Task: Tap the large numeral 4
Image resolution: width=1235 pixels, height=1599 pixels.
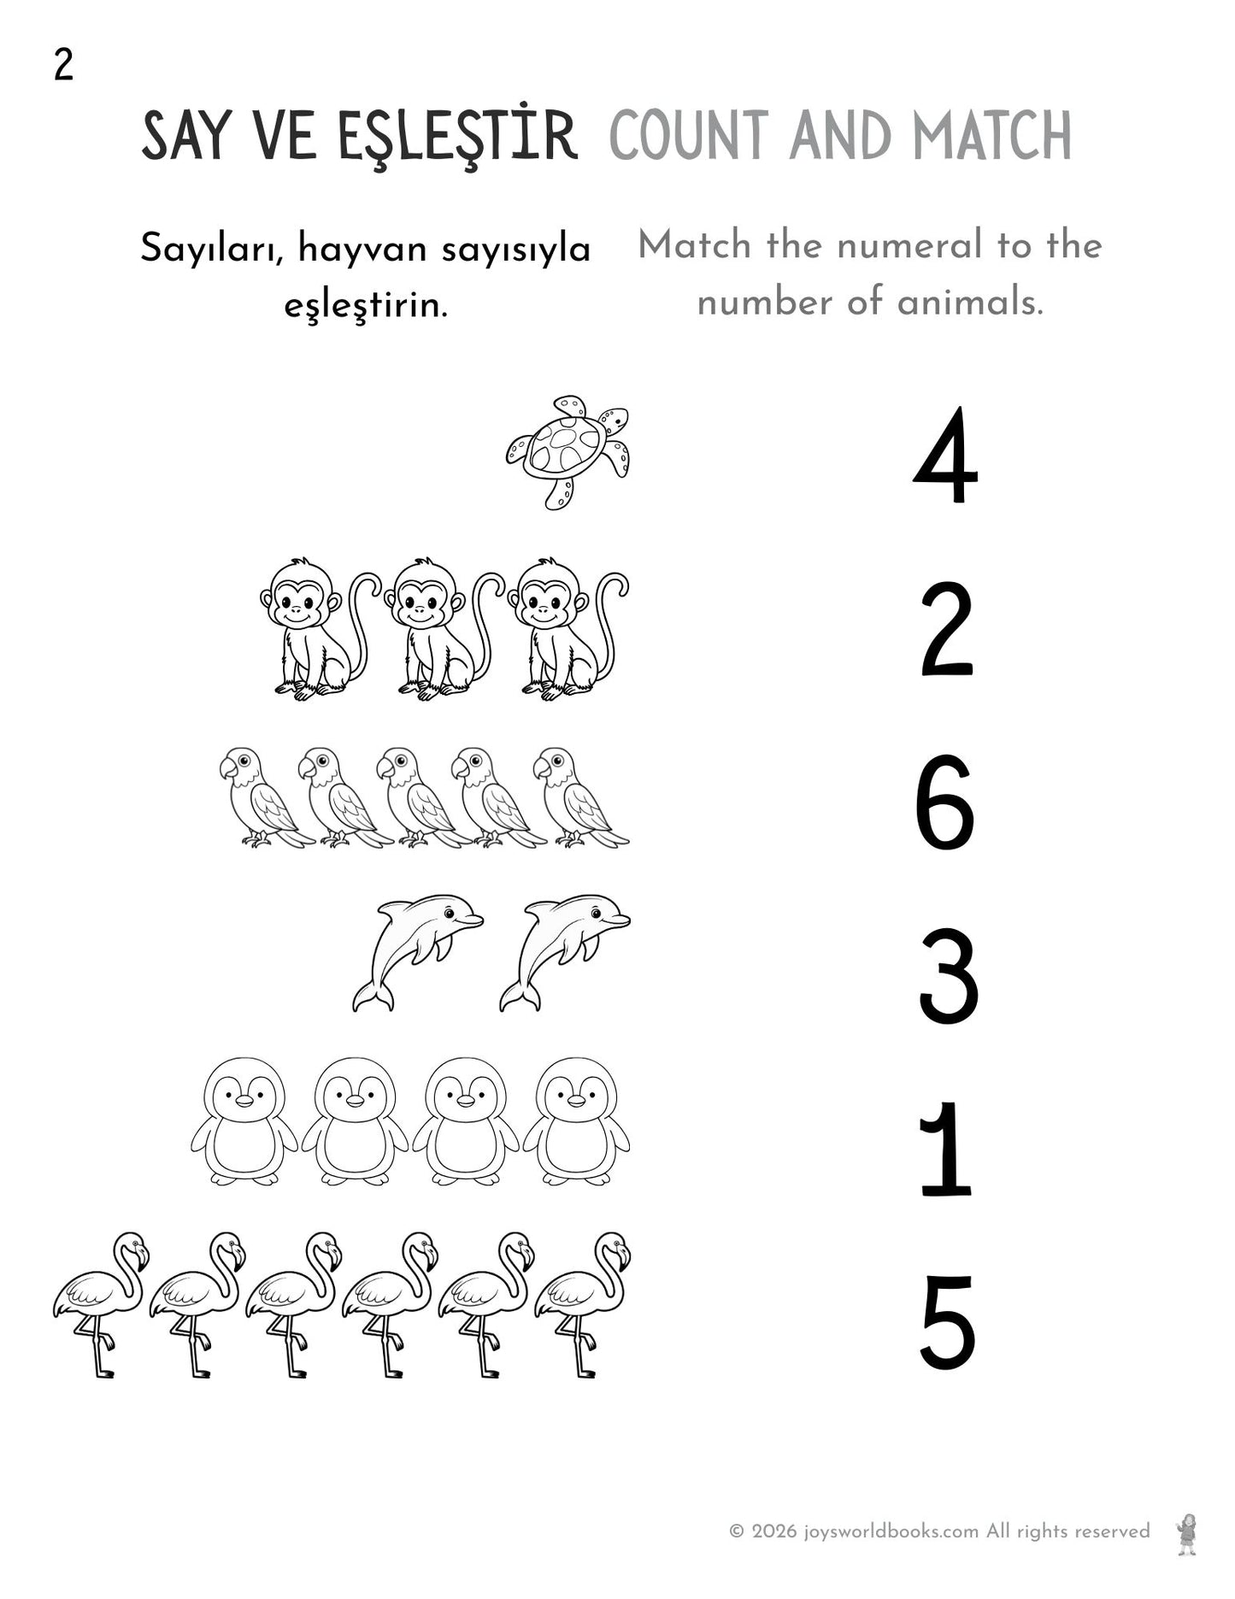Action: tap(945, 458)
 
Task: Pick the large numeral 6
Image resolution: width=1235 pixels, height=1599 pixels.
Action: tap(944, 803)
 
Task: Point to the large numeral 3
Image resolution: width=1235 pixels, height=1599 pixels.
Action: tap(948, 978)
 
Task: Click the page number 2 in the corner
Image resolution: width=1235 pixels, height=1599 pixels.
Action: tap(63, 65)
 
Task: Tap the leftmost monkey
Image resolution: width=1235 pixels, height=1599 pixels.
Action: tap(303, 628)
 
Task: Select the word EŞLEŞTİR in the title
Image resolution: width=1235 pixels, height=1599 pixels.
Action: tap(457, 137)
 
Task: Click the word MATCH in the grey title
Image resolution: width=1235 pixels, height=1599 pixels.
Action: tap(991, 137)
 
